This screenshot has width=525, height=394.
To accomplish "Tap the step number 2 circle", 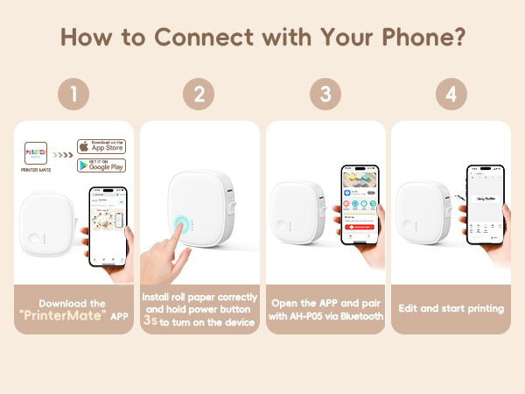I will click(x=199, y=95).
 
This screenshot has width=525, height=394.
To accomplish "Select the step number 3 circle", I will click(x=325, y=95).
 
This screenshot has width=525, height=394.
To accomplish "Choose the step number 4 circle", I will click(x=451, y=95).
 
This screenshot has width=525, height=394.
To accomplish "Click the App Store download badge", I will click(x=101, y=146).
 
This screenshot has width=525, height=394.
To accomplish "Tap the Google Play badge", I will click(x=101, y=165).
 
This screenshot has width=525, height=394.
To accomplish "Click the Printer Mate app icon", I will click(x=35, y=152).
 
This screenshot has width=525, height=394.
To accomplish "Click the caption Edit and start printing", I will click(x=451, y=308).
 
